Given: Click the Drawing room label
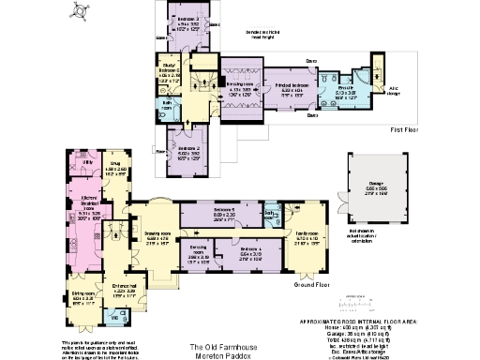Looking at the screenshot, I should pos(156,238).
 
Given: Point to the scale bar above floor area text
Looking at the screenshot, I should pos(362,303).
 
